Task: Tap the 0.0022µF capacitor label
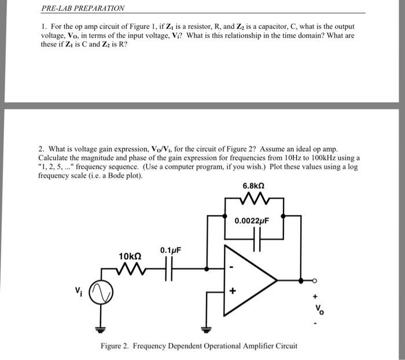253,221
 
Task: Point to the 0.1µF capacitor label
171,250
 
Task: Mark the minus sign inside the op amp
232,267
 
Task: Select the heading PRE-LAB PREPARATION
83,9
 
